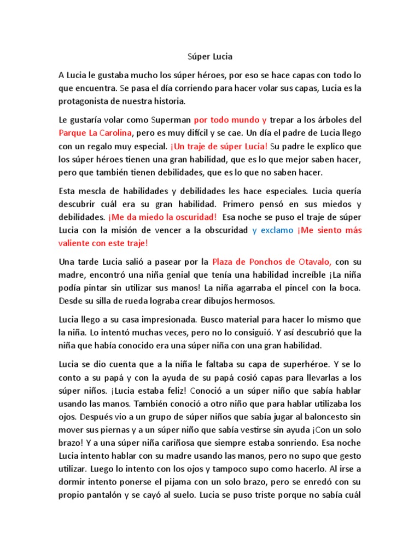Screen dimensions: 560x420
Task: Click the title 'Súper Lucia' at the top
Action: pos(210,56)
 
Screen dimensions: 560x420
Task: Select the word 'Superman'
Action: pos(170,119)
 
